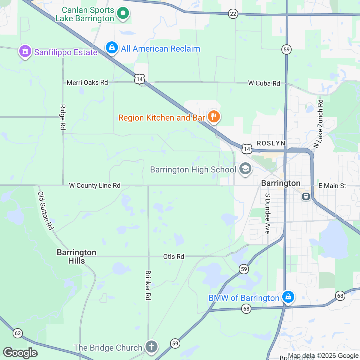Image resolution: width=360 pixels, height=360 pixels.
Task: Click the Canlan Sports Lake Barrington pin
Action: (123, 13)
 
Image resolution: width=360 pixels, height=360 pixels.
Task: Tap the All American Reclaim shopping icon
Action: (112, 47)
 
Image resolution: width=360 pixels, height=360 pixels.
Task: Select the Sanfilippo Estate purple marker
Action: (25, 51)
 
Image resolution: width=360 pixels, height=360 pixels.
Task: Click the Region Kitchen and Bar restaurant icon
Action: (214, 116)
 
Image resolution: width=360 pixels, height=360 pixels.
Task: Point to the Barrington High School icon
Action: (245, 169)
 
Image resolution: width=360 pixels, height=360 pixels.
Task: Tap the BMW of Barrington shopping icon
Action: (288, 297)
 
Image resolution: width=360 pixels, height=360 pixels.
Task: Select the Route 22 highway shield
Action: (233, 14)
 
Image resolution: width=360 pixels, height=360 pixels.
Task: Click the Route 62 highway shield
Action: (18, 333)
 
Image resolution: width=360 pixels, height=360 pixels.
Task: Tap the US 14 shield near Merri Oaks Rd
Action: (139, 79)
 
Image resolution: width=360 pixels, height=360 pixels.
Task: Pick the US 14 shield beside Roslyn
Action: (247, 149)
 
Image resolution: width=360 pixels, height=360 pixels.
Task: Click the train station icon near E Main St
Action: (306, 196)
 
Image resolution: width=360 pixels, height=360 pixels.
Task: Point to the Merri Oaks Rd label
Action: (87, 82)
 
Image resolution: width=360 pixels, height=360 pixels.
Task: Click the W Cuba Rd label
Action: (264, 83)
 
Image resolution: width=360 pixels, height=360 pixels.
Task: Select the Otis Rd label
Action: (174, 256)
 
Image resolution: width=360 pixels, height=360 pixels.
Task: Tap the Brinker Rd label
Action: (148, 285)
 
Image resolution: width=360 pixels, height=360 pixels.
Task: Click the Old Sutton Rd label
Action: (46, 211)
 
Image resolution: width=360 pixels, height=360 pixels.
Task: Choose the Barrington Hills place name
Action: (76, 256)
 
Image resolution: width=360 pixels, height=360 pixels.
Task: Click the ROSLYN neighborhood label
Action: (271, 143)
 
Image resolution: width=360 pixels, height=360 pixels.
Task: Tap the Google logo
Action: (20, 353)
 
